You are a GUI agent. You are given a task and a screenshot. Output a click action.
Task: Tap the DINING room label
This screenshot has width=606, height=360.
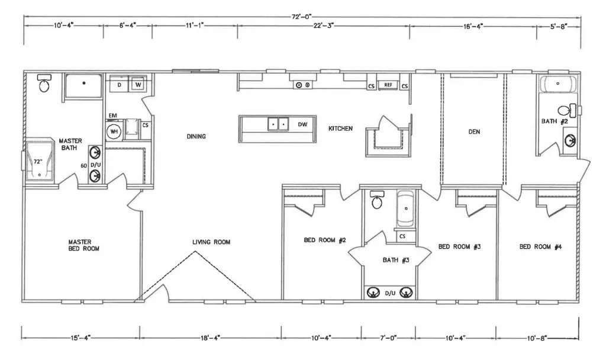click(196, 137)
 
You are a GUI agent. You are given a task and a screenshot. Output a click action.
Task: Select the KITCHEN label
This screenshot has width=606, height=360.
click(340, 128)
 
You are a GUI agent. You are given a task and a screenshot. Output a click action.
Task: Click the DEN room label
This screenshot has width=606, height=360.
click(474, 132)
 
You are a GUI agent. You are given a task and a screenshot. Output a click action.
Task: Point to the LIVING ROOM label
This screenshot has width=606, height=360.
click(211, 242)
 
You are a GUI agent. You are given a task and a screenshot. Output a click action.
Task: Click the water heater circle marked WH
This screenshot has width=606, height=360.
click(114, 131)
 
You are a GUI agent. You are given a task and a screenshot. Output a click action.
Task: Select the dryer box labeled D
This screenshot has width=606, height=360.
click(119, 85)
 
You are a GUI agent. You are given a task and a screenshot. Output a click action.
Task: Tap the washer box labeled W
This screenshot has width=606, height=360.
click(138, 85)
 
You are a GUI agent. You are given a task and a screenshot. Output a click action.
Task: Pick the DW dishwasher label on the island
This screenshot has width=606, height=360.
click(302, 124)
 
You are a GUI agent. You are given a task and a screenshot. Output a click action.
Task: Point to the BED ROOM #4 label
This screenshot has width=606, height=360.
click(540, 247)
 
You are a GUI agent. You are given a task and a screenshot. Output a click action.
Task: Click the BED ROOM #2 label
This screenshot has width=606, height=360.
click(324, 240)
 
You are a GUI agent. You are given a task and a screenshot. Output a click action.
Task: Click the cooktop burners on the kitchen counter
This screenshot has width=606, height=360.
click(303, 85)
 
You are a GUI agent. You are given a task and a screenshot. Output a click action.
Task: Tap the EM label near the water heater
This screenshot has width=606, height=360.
click(112, 115)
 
